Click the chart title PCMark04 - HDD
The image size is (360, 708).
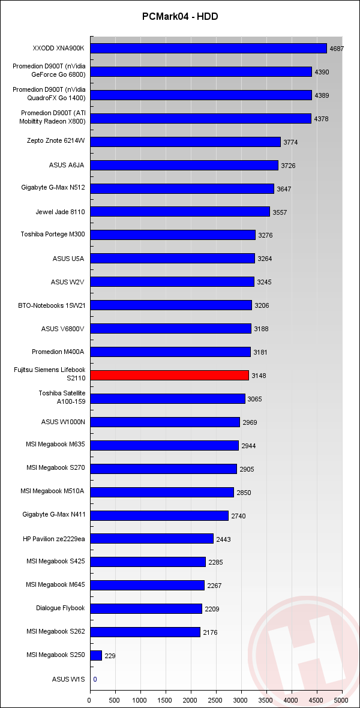180,17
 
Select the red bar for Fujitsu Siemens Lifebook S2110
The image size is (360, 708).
169,376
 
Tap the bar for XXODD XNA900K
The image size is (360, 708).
208,49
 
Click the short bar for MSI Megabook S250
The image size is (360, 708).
96,656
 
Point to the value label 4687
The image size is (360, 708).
337,49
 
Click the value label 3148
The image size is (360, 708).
259,376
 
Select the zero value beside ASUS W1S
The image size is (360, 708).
95,679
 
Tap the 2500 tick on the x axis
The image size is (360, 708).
216,700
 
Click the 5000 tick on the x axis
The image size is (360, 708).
341,700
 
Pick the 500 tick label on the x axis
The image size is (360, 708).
115,700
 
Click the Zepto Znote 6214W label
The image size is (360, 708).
56,142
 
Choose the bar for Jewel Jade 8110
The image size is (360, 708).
180,212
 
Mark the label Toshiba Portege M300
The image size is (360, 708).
53,235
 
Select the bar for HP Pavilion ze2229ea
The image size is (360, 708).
152,539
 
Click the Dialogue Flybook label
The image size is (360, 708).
61,608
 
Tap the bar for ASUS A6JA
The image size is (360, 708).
184,165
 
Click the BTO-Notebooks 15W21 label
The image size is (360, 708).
52,305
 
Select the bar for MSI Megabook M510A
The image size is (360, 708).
162,493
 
